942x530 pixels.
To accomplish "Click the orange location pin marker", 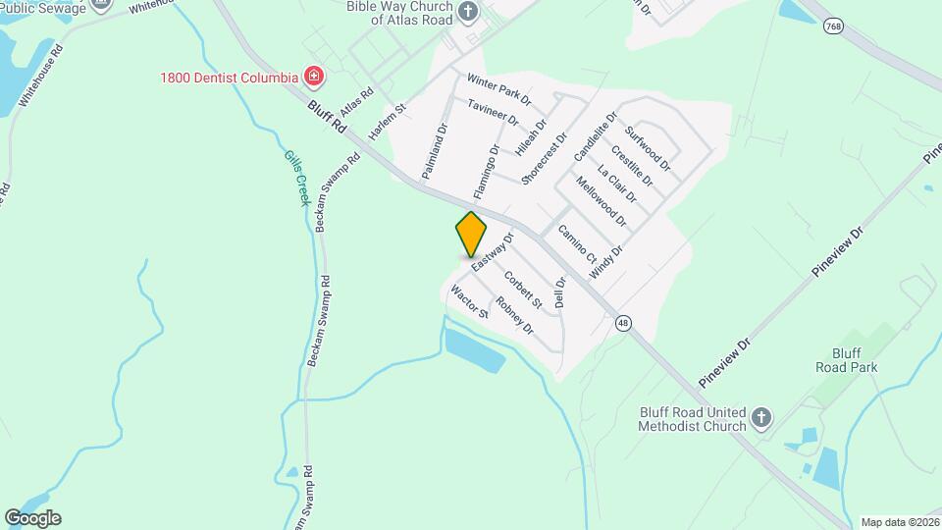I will [x=471, y=235].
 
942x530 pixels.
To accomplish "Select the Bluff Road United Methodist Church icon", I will [x=761, y=420].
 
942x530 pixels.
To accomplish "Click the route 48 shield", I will [x=623, y=323].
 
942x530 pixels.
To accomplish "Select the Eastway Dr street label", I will [x=493, y=252].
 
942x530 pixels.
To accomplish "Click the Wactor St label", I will [x=469, y=301].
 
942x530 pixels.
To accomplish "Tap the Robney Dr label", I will [x=514, y=315].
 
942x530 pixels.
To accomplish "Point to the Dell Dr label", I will [x=560, y=292].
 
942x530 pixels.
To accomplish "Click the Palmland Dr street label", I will [x=434, y=150].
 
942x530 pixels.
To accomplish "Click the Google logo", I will [x=32, y=518].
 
